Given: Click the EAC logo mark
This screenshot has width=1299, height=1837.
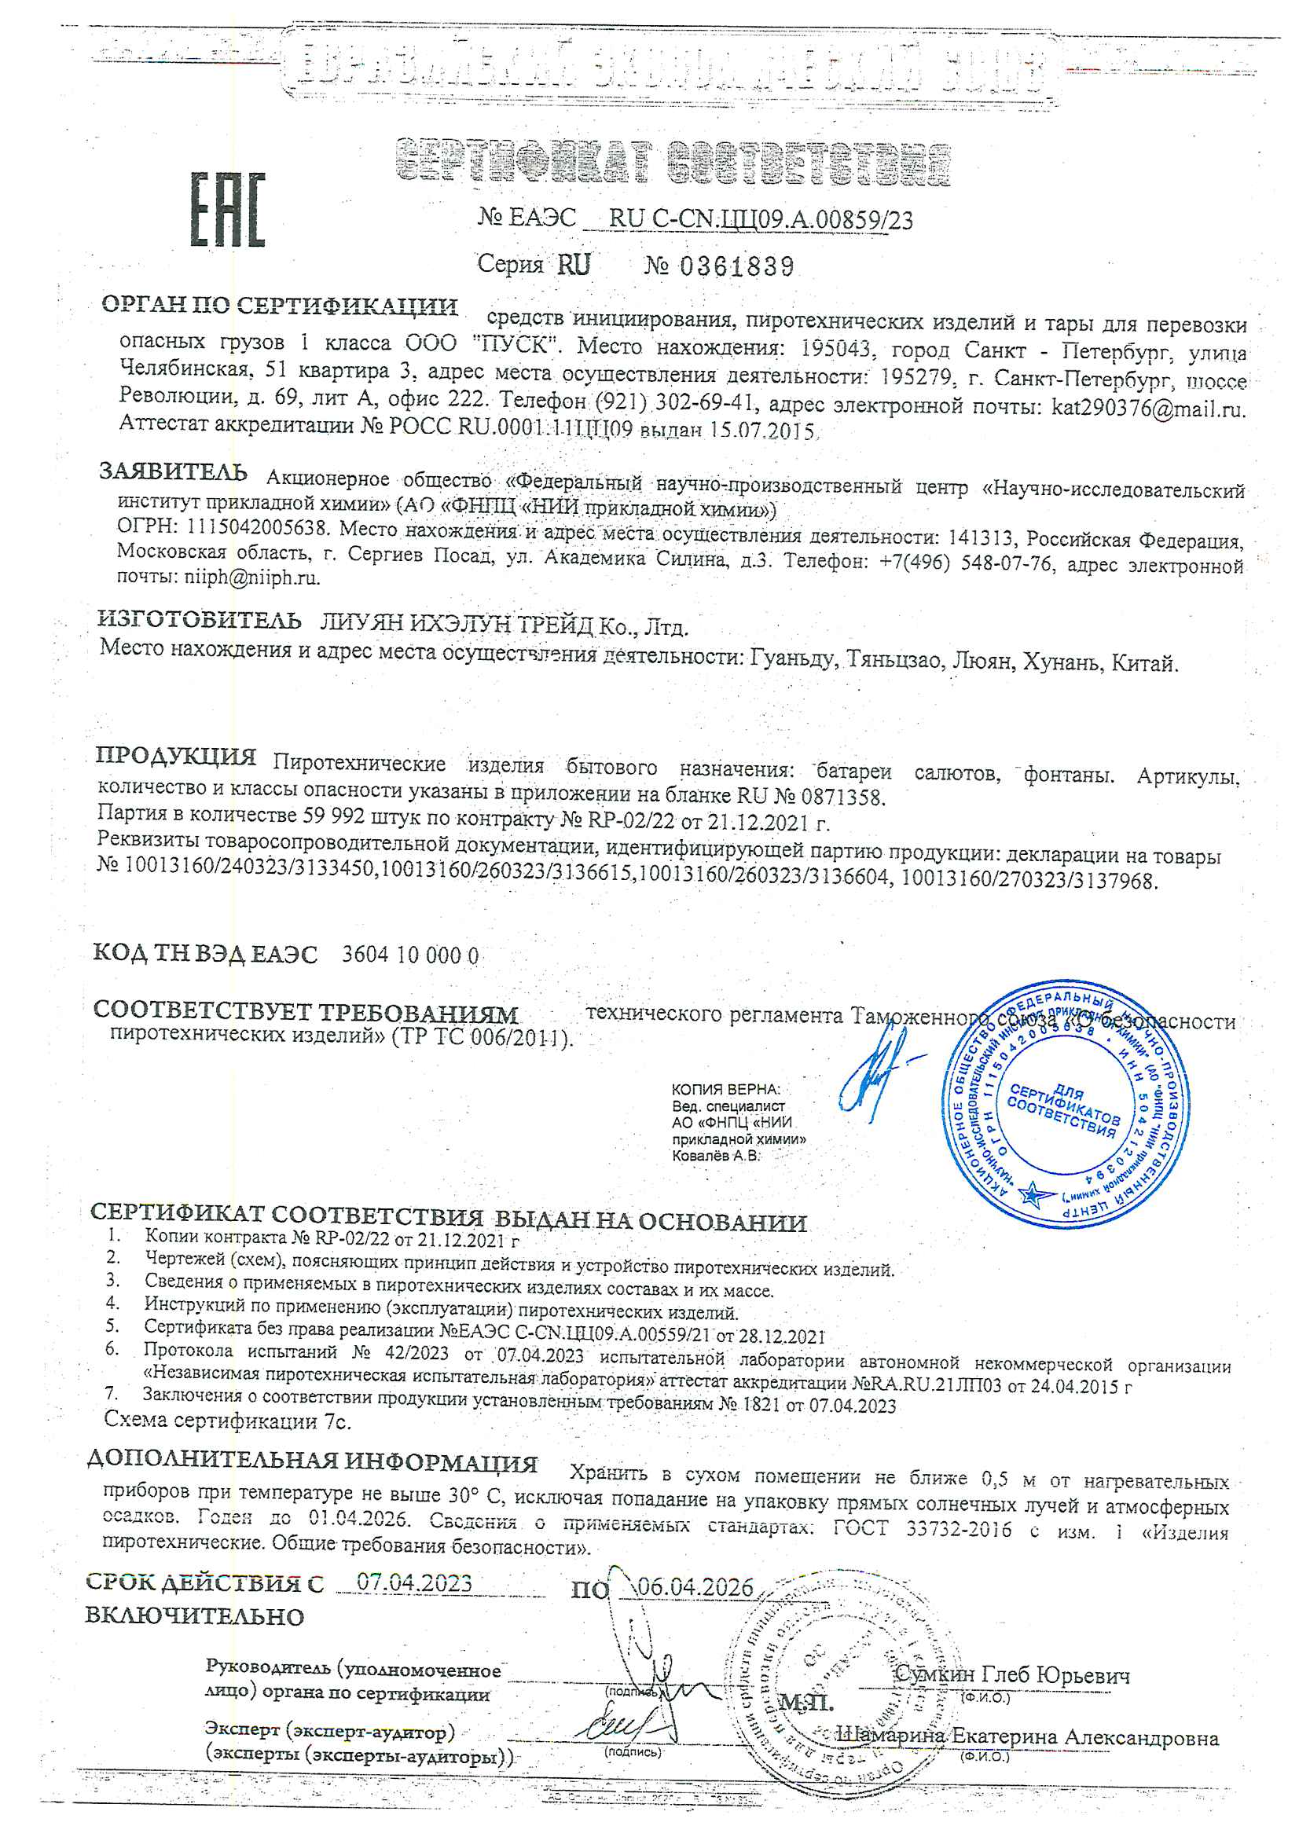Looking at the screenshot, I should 227,210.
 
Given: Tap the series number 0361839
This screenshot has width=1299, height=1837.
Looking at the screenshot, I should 736,266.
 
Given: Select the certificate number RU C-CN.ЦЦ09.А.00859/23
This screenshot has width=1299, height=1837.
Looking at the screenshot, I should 761,219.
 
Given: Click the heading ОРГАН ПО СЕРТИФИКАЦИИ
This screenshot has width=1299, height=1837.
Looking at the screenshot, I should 279,306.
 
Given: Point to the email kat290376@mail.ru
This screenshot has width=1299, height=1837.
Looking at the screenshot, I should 1148,409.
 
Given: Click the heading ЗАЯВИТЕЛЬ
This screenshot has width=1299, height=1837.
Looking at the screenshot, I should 173,472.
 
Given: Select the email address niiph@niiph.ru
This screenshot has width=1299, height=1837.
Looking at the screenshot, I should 252,577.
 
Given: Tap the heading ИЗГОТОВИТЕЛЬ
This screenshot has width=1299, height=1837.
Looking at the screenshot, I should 200,620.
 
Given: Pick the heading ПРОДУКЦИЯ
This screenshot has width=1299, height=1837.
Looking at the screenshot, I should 176,756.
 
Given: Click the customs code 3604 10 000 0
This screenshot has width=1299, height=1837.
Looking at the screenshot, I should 409,955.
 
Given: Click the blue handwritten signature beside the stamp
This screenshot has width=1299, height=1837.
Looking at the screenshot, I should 877,1072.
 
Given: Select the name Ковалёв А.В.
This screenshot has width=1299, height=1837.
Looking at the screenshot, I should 716,1155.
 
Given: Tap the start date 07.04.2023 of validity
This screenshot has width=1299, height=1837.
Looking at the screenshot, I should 414,1582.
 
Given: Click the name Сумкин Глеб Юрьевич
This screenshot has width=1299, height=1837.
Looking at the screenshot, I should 1011,1674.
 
